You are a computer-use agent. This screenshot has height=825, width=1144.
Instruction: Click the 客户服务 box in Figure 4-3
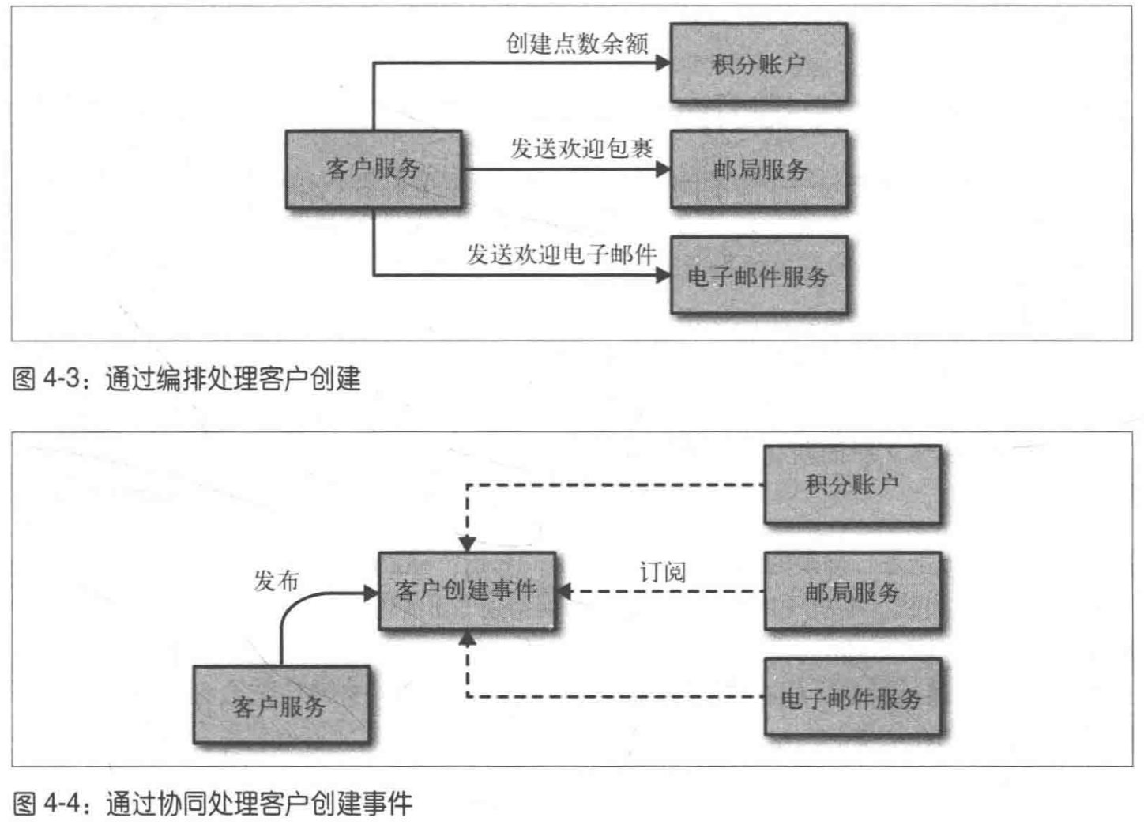(373, 169)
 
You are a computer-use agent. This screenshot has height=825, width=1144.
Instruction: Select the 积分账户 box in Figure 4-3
(758, 63)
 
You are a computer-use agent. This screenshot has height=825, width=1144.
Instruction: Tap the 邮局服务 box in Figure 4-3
(758, 169)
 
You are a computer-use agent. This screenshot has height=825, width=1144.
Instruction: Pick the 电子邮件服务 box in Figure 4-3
(758, 276)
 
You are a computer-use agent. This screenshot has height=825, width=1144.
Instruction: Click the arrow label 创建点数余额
(577, 43)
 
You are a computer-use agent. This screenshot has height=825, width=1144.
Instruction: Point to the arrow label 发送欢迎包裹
(581, 148)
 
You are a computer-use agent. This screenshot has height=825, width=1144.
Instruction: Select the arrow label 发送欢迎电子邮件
(561, 254)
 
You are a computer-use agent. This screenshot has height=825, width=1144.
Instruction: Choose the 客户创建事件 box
(466, 591)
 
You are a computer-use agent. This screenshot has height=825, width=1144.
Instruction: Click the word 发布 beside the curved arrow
(277, 581)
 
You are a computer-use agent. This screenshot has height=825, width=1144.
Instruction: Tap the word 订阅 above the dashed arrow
(662, 572)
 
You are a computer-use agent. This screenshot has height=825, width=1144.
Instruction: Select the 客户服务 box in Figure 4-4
(280, 705)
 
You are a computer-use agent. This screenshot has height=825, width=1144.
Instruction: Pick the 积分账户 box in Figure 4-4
(852, 484)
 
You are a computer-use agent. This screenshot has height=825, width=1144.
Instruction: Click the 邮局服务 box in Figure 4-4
(852, 591)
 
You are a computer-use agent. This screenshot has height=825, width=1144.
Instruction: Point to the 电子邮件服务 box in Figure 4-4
(852, 698)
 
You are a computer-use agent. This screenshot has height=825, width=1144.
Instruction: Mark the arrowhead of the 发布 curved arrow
(371, 593)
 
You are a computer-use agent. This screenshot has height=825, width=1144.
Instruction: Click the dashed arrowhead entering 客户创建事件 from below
(468, 639)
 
